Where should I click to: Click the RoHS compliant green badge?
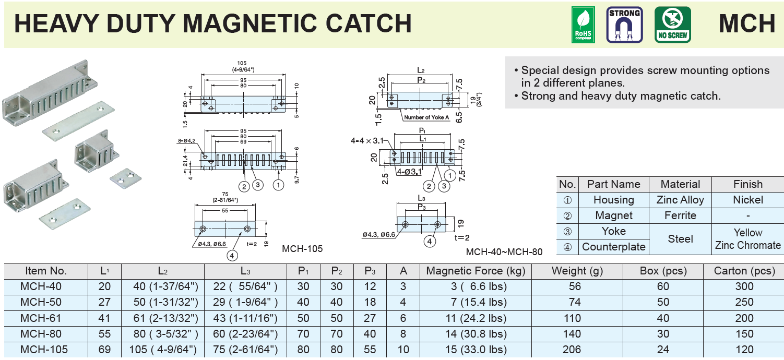tap(583, 25)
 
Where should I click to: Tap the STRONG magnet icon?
tap(624, 25)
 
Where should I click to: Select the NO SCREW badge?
tap(673, 25)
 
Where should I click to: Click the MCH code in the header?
tap(747, 24)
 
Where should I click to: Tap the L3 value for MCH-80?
tap(245, 334)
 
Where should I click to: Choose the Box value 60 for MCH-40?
tap(663, 286)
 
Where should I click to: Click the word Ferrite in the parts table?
tap(680, 215)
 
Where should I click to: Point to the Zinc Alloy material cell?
tap(680, 200)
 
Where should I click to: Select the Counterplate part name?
tap(613, 247)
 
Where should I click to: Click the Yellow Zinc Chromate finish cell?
tap(747, 239)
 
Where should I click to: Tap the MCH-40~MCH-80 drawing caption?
tap(504, 252)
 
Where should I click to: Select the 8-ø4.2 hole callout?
tap(187, 140)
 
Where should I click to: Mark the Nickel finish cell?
tap(747, 200)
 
